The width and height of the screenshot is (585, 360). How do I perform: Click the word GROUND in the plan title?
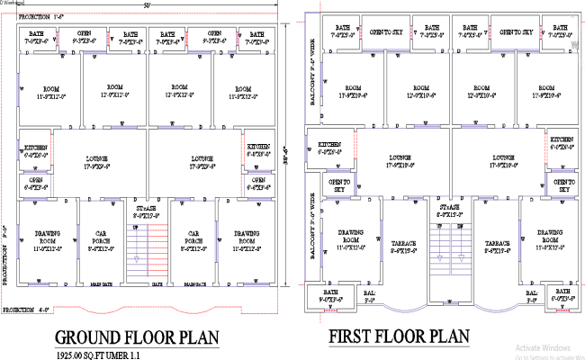click(x=91, y=337)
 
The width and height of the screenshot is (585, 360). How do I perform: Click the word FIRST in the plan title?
click(x=355, y=337)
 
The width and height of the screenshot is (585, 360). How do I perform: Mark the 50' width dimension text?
click(x=146, y=7)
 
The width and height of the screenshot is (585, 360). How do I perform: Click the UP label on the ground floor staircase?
click(x=136, y=229)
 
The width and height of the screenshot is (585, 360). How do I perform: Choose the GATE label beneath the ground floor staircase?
click(x=157, y=284)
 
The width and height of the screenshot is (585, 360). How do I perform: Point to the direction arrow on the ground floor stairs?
click(x=137, y=261)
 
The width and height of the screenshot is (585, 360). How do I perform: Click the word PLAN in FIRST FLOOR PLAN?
click(x=445, y=337)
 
